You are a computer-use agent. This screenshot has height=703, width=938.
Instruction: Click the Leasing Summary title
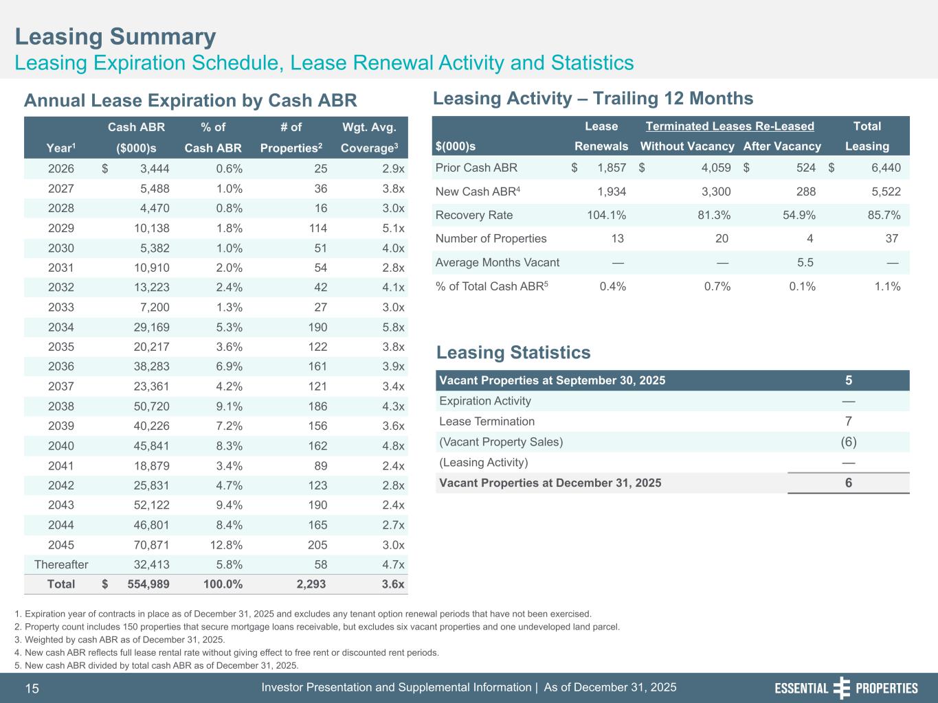click(x=115, y=36)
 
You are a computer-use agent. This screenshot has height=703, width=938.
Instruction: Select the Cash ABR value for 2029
click(x=151, y=229)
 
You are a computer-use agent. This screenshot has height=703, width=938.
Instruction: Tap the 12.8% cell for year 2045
click(x=224, y=545)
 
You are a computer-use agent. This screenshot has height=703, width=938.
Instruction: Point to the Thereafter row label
click(x=61, y=565)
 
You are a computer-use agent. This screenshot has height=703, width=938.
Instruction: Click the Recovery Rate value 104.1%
click(x=606, y=215)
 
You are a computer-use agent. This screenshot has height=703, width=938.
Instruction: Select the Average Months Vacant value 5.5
click(x=805, y=262)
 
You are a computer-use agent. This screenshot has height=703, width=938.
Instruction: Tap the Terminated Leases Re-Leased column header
click(x=730, y=126)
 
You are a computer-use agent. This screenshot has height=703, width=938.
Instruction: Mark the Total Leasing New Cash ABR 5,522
click(x=886, y=192)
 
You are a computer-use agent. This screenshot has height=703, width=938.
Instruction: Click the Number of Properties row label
click(x=491, y=239)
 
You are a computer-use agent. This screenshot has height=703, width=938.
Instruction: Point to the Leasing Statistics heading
click(x=513, y=353)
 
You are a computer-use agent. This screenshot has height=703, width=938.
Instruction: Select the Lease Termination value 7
click(x=849, y=422)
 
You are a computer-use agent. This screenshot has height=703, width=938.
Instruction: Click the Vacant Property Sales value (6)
click(x=849, y=442)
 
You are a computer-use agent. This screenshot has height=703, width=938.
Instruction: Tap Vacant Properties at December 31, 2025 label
click(x=550, y=483)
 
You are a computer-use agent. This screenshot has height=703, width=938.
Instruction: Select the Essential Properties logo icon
click(x=841, y=688)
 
